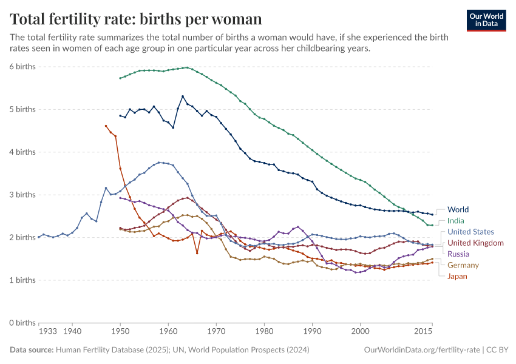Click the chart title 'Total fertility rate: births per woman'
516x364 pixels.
coord(136,19)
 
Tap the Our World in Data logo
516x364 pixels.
coord(486,20)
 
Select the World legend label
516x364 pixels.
coord(458,210)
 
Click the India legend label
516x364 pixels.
coord(456,221)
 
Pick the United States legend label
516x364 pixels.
coord(470,232)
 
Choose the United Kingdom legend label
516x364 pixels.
coord(475,243)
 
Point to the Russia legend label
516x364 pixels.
coord(458,254)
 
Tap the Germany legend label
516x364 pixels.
coord(463,265)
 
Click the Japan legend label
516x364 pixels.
coord(457,276)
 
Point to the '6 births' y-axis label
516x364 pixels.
coord(22,66)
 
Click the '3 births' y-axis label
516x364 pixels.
coord(22,195)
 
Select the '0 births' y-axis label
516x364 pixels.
coord(22,323)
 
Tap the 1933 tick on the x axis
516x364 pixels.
coord(47,332)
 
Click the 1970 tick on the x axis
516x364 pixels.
coord(216,332)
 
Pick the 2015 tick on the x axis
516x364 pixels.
coord(423,332)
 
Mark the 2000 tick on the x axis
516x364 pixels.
coord(360,332)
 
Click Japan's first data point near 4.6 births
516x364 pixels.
coord(106,126)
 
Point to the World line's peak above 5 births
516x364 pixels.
coord(183,96)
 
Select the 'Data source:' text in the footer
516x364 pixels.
coord(31,350)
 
